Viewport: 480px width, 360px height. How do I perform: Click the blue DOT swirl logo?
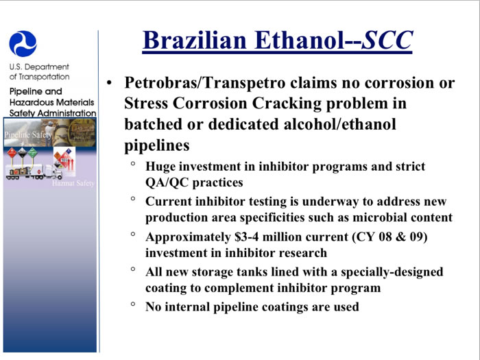23,44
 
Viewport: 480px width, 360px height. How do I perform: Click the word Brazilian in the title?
195,40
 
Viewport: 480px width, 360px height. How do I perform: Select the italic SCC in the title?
387,40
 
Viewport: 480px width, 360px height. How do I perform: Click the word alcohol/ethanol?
340,124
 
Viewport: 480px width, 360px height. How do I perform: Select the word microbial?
380,217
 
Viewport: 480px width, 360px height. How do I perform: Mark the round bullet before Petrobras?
109,83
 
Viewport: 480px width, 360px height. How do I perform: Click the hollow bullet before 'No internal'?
133,304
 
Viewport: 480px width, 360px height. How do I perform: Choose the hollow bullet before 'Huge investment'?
133,163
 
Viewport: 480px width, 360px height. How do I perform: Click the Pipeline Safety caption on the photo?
27,134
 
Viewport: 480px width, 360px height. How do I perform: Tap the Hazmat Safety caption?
73,183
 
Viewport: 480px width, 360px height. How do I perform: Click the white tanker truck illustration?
34,171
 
